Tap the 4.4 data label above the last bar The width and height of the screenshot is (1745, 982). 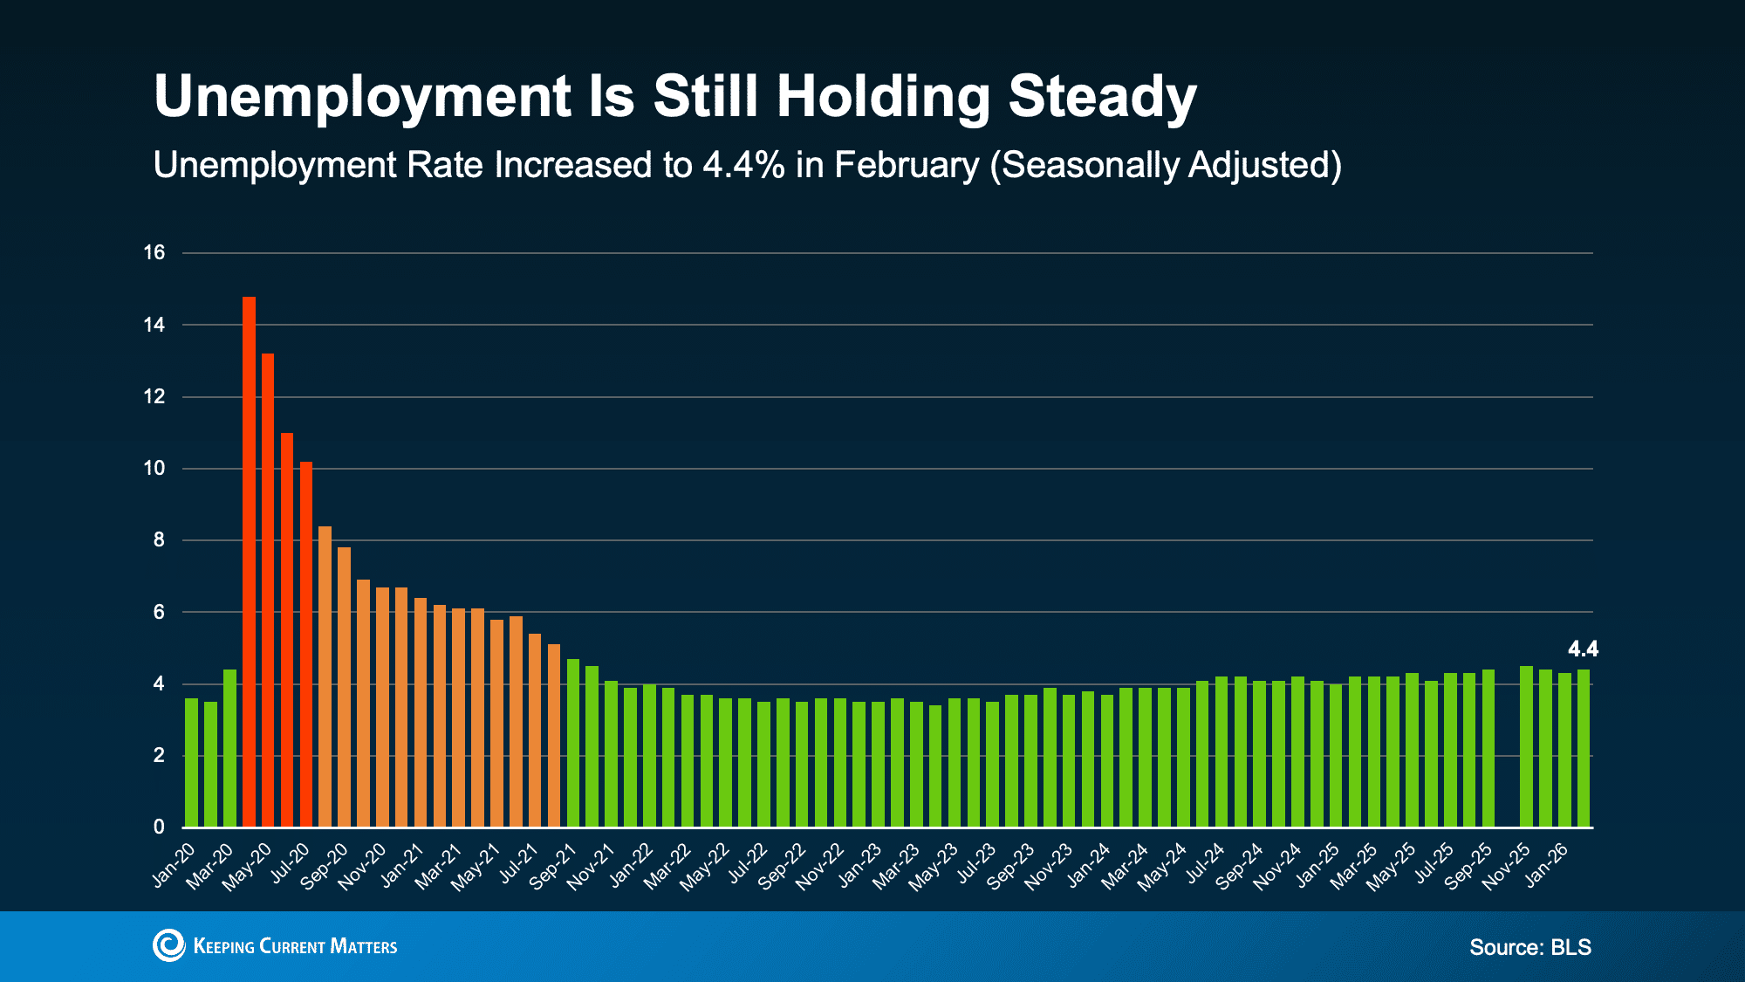point(1583,649)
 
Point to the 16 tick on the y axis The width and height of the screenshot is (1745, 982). point(154,253)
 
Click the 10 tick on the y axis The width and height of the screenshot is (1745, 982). point(154,469)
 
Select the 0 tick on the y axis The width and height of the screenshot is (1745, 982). point(159,827)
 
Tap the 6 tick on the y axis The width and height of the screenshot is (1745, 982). point(159,612)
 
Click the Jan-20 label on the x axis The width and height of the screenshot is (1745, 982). point(174,865)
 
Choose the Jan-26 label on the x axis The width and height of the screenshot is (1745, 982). point(1546,865)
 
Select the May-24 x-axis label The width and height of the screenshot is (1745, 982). point(1163,867)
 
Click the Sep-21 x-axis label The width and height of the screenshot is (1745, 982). point(553,867)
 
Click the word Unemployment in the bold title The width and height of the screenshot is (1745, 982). point(363,96)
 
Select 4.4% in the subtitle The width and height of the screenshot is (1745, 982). point(743,165)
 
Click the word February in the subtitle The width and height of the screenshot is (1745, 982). point(907,165)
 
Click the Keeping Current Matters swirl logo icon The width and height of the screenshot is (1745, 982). point(168,945)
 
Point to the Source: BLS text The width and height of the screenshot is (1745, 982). point(1530,947)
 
